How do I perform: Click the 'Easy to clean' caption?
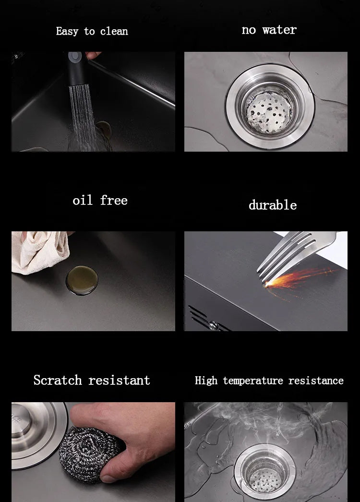click(x=92, y=32)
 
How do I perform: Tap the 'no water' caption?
click(x=269, y=30)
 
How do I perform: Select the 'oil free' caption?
click(x=100, y=200)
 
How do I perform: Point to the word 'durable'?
click(x=273, y=205)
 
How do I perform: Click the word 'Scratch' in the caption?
click(x=58, y=381)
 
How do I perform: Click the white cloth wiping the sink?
click(x=38, y=252)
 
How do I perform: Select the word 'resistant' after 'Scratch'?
click(x=119, y=381)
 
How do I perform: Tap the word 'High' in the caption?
click(x=206, y=381)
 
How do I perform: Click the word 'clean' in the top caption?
click(x=114, y=32)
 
